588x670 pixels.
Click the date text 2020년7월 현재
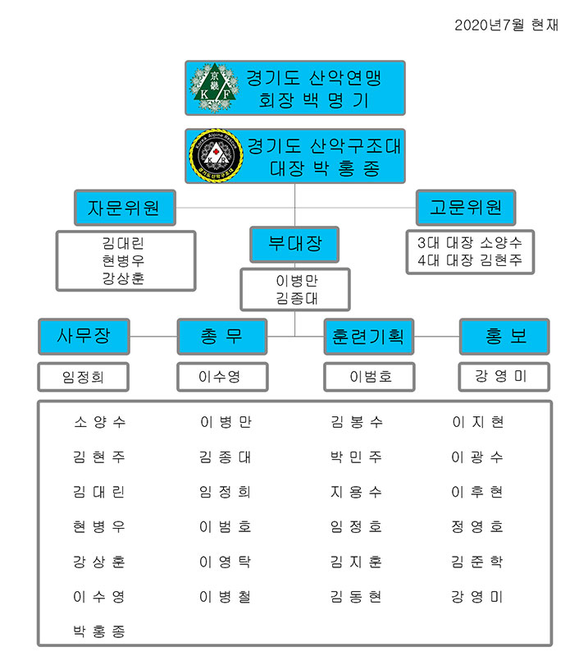506,25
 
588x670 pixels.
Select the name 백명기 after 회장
335,100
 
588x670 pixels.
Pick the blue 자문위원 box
123,208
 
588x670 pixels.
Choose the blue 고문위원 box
465,208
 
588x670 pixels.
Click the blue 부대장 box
294,244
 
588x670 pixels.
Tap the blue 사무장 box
84,336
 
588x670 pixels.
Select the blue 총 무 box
221,336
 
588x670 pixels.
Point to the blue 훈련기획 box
368,336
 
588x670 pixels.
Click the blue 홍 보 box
504,336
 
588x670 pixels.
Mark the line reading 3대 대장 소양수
469,243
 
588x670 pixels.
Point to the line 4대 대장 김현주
469,261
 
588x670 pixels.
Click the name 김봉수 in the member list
357,422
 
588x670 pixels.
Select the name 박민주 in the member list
357,457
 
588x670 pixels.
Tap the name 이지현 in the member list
477,422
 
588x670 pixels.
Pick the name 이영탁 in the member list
225,562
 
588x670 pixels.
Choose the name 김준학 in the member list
477,562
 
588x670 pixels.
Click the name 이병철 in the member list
225,597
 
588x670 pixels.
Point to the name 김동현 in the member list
357,597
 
